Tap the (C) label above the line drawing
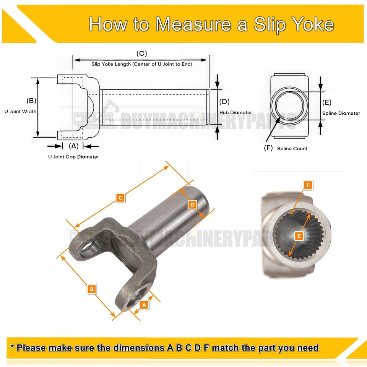141,54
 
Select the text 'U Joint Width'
21,112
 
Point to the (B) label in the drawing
31,101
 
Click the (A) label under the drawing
73,146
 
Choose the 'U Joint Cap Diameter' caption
73,157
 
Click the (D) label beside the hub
224,102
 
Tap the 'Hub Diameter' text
236,112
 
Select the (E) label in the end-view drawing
327,102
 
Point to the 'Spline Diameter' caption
341,113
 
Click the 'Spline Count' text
292,148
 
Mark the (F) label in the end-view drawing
268,148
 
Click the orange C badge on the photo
120,198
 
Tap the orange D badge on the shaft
193,205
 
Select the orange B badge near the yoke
91,289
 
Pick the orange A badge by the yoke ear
144,305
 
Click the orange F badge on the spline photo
309,185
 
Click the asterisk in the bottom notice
13,348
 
